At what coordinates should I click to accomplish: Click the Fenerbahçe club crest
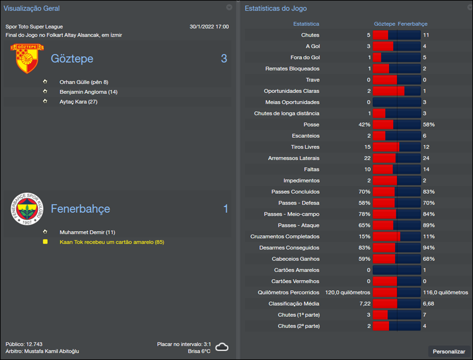click(26, 209)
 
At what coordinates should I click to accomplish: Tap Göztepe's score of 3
click(224, 59)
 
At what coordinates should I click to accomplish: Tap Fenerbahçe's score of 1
click(225, 209)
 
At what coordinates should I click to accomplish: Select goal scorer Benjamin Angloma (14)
click(89, 92)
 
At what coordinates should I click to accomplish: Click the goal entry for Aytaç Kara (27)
click(78, 102)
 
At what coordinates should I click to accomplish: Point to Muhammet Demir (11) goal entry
click(88, 232)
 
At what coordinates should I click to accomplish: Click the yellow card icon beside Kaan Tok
click(45, 242)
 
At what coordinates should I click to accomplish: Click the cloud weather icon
click(222, 347)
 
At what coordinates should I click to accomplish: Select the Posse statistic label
click(311, 125)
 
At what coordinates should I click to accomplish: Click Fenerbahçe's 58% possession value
click(429, 125)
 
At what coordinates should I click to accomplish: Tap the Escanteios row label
click(306, 136)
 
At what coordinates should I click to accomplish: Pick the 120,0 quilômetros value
click(348, 293)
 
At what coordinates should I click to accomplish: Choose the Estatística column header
click(306, 24)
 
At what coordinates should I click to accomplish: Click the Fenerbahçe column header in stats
click(413, 24)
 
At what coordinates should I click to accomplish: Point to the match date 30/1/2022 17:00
click(209, 27)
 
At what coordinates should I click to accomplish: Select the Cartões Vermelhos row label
click(295, 281)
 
